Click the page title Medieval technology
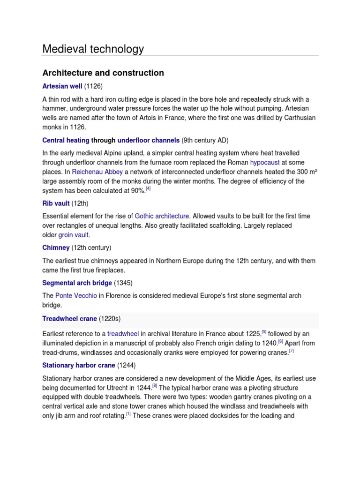click(93, 49)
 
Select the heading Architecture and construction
click(103, 73)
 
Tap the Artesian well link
click(62, 87)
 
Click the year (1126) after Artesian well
click(93, 87)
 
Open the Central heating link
click(66, 140)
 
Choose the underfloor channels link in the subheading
click(149, 140)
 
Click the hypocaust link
click(265, 162)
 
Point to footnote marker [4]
click(148, 189)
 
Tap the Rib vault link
click(56, 203)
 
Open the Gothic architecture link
click(162, 216)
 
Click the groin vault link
click(74, 235)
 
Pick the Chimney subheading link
click(56, 247)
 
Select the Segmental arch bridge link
click(77, 283)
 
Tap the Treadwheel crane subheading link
click(69, 319)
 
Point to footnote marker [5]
click(264, 332)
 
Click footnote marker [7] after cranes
click(291, 351)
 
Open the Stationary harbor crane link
click(78, 365)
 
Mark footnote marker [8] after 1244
click(155, 386)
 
